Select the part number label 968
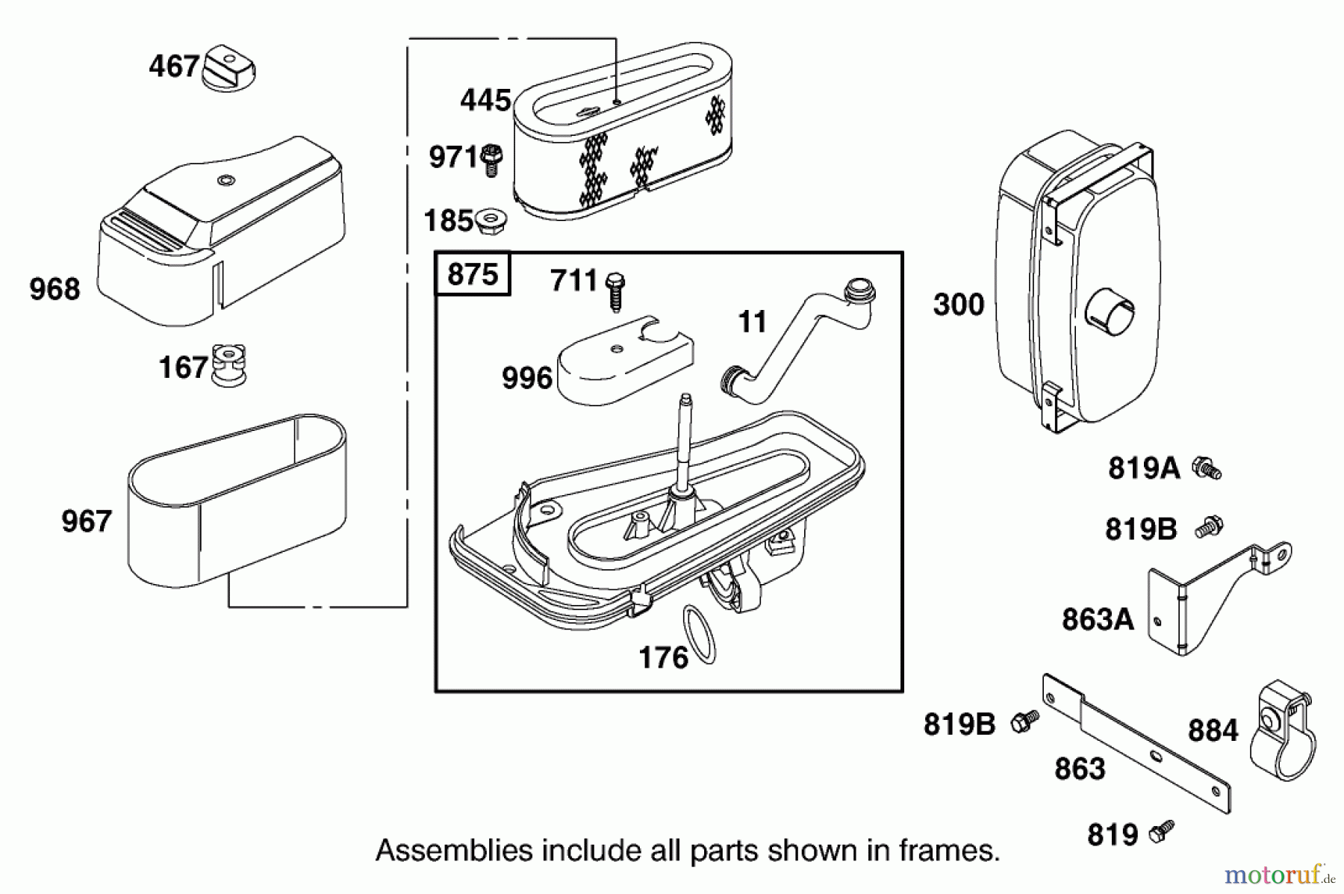(55, 289)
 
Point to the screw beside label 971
(491, 159)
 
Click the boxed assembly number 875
(473, 274)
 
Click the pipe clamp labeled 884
(1280, 732)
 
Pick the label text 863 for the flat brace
(1080, 769)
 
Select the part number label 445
(485, 100)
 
